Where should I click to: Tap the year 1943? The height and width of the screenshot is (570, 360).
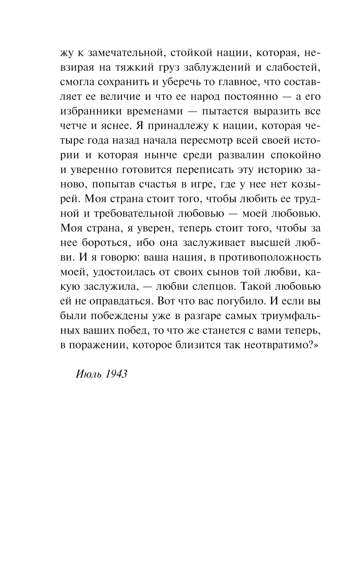click(x=117, y=374)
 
